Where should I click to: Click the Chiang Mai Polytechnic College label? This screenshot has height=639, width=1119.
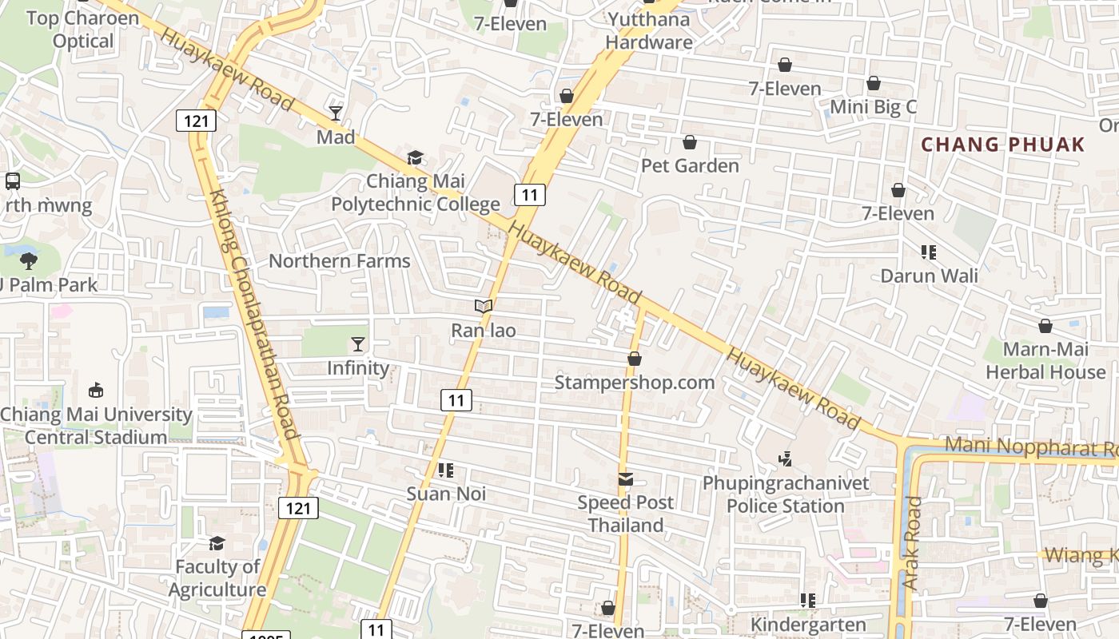point(416,192)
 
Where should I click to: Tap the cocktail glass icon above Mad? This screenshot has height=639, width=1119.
point(336,113)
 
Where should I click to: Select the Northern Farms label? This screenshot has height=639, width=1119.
point(339,260)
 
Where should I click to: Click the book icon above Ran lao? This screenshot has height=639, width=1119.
point(483,306)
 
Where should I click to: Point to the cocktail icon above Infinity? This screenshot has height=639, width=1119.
point(357,344)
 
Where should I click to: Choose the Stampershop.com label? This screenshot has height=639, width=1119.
point(635,382)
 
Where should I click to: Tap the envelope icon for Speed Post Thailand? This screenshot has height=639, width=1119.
point(626,479)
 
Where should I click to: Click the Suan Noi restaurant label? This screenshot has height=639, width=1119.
point(446,494)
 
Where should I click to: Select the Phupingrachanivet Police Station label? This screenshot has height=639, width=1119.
point(786,494)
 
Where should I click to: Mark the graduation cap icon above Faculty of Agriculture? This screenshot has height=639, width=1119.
point(217,544)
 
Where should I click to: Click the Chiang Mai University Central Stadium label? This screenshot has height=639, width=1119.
point(96,426)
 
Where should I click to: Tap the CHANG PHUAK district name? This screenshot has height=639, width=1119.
point(1003,145)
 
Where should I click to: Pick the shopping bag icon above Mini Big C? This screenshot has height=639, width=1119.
point(874,83)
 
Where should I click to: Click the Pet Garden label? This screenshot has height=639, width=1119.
point(690,165)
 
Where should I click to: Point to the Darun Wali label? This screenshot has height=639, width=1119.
point(929,276)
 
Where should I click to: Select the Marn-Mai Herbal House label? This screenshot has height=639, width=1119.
point(1045,360)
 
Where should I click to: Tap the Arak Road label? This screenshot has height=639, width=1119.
point(913,543)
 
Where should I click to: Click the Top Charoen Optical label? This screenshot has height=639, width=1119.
point(83,29)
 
